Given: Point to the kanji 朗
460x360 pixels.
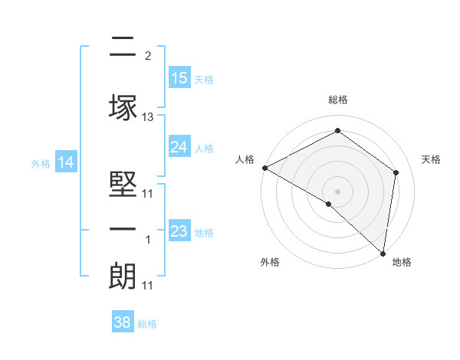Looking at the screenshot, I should pos(123,277).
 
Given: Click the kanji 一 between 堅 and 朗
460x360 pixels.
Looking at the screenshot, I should pos(123,229).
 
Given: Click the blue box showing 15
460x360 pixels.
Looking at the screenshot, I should pos(179,78).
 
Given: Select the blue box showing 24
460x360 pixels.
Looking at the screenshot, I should pos(179,147).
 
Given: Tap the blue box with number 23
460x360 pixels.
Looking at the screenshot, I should pos(179,231).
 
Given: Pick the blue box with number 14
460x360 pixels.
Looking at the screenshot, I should pos(66,162).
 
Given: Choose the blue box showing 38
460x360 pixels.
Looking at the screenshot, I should pos(123,322).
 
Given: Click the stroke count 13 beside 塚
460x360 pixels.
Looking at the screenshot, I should pos(148,117).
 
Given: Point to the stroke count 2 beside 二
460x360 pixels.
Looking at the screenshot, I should pos(148,55).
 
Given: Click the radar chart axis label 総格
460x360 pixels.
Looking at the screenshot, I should pos(338,100).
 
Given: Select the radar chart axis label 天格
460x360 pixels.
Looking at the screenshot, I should pos(432,159).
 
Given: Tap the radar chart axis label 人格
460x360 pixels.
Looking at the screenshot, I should pos(245,159).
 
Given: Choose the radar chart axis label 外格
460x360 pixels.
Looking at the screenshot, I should pos(270,262).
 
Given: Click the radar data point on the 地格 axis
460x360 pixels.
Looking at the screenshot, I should pos(383,253).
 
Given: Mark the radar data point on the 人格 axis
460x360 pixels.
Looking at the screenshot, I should pos(264,168).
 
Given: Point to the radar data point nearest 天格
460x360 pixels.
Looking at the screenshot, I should pos(396,172).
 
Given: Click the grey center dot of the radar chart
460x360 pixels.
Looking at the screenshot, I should pos(337,191).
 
